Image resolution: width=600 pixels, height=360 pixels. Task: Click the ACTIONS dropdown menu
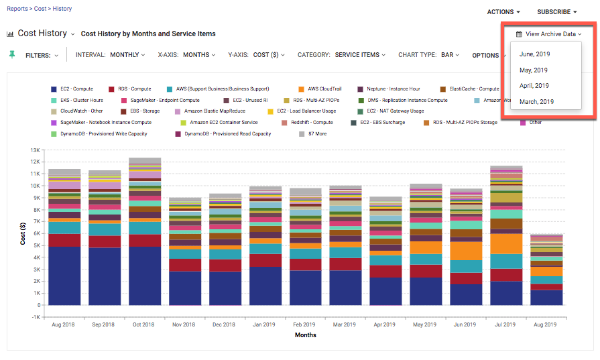(x=503, y=12)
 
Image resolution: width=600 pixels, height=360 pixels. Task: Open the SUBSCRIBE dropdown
(x=556, y=12)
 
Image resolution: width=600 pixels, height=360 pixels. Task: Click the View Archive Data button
(x=548, y=34)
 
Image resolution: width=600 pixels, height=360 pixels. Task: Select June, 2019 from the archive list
(x=534, y=54)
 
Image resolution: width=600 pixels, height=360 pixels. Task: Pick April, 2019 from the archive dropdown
(x=534, y=86)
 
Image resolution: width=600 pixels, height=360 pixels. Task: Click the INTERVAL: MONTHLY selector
(x=110, y=55)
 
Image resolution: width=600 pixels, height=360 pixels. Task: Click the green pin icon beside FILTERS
(x=11, y=54)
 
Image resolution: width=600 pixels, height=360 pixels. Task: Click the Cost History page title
(x=42, y=34)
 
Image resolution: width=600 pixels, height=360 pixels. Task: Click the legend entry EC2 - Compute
(x=76, y=88)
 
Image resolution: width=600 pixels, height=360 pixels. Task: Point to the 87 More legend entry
(x=316, y=134)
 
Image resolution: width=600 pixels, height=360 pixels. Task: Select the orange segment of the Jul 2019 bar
(x=506, y=243)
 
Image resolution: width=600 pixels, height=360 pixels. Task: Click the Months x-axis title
(x=306, y=335)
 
